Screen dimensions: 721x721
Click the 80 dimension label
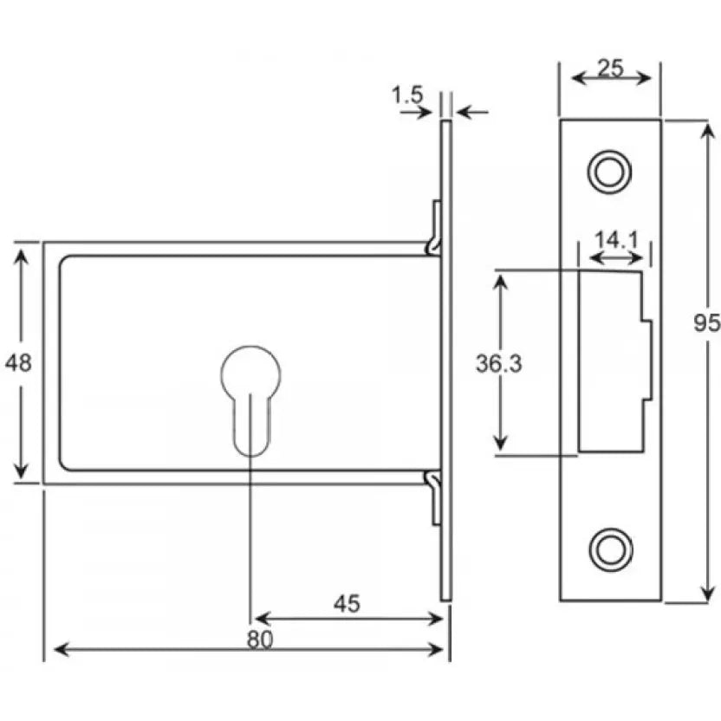pyautogui.click(x=258, y=639)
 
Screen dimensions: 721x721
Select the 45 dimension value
pyautogui.click(x=347, y=603)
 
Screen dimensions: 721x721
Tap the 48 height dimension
pyautogui.click(x=18, y=362)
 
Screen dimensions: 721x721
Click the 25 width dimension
pyautogui.click(x=611, y=67)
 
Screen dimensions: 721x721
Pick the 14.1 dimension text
pyautogui.click(x=615, y=240)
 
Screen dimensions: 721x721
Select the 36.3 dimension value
pyautogui.click(x=498, y=365)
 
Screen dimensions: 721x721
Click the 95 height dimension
pyautogui.click(x=707, y=323)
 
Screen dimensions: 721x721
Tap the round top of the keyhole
pyautogui.click(x=250, y=373)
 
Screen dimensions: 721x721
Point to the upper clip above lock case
pyautogui.click(x=435, y=227)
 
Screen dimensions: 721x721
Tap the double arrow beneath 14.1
pyautogui.click(x=615, y=257)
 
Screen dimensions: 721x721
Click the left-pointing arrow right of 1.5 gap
pyautogui.click(x=472, y=111)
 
